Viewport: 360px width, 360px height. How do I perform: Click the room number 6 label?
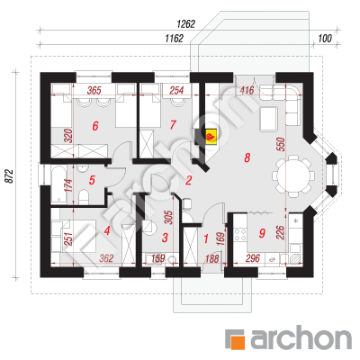pyautogui.click(x=95, y=126)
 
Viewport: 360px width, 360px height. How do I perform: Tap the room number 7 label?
pyautogui.click(x=173, y=125)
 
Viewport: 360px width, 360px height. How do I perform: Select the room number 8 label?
pyautogui.click(x=247, y=157)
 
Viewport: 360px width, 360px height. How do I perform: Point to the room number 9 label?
pyautogui.click(x=262, y=233)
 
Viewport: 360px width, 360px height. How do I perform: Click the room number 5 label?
pyautogui.click(x=92, y=180)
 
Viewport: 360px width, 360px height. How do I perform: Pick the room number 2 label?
pyautogui.click(x=188, y=180)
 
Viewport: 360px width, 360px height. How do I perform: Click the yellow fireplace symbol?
pyautogui.click(x=211, y=137)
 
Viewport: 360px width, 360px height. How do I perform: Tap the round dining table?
pyautogui.click(x=293, y=176)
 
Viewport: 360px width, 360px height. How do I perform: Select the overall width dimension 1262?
pyautogui.click(x=186, y=24)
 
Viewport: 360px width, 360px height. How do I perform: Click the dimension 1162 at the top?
pyautogui.click(x=174, y=39)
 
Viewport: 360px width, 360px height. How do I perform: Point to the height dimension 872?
pyautogui.click(x=10, y=176)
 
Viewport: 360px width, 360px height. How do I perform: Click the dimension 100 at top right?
pyautogui.click(x=325, y=39)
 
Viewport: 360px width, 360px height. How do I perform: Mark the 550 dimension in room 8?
pyautogui.click(x=281, y=145)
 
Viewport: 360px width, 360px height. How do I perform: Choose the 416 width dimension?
pyautogui.click(x=247, y=90)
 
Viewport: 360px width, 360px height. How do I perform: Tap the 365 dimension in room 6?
pyautogui.click(x=94, y=90)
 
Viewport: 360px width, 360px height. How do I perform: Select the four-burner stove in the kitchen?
pyautogui.click(x=240, y=234)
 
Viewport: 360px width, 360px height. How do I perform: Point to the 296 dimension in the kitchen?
pyautogui.click(x=253, y=258)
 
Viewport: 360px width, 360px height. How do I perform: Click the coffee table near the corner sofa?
pyautogui.click(x=269, y=120)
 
